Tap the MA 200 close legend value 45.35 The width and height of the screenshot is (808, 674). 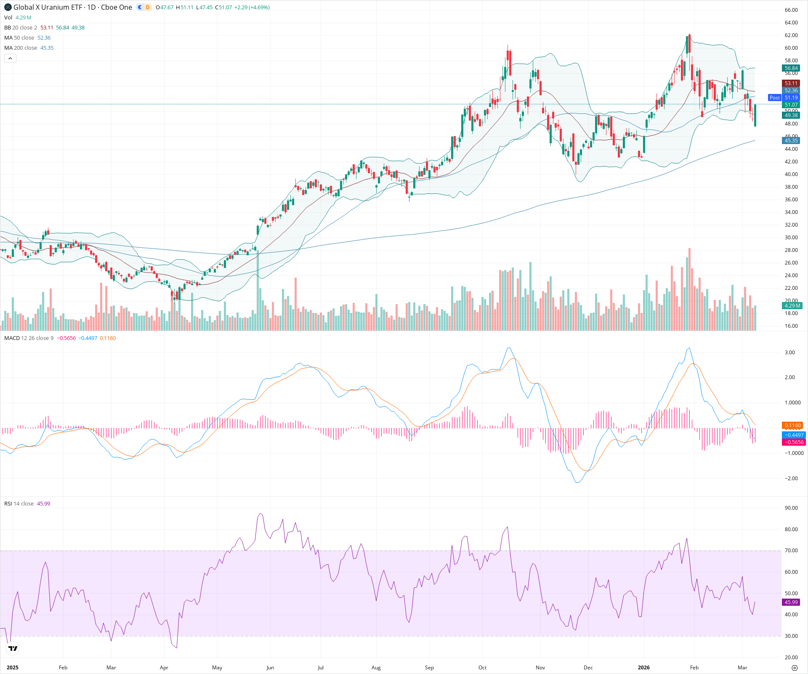47,48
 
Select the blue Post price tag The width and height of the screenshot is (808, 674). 774,98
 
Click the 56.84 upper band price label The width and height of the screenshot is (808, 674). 791,68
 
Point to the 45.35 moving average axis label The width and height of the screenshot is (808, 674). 791,141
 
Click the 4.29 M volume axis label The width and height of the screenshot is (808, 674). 792,306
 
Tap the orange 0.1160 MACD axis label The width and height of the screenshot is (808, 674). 792,425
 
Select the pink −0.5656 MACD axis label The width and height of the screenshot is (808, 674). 793,442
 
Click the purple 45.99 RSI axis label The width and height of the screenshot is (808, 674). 791,602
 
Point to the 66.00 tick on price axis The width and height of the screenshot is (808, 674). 791,10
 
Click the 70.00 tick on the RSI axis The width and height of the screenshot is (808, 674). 791,551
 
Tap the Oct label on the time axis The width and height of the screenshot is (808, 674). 482,668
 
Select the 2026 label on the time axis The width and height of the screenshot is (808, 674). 643,668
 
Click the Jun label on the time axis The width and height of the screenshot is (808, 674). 270,668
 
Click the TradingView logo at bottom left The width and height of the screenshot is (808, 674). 13,648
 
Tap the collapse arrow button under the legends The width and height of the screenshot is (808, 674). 10,59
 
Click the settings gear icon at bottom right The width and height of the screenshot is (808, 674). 795,668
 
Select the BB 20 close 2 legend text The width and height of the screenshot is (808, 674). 21,28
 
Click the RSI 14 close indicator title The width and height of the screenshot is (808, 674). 19,504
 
